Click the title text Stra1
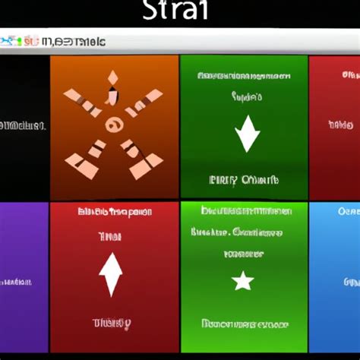pos(180,13)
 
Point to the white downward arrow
pos(247,134)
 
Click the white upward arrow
pos(111,274)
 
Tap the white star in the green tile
pos(242,282)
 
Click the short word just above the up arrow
pos(109,236)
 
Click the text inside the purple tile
pos(16,282)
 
